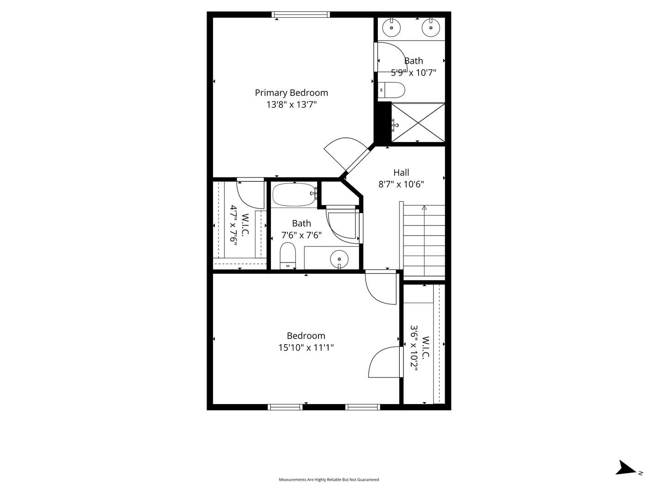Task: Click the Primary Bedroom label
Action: pos(292,93)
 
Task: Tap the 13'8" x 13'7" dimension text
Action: pos(292,105)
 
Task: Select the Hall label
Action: pos(401,173)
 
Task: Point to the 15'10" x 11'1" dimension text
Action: pos(306,347)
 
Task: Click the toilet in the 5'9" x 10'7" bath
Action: pos(391,90)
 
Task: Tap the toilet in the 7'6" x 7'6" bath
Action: pos(287,256)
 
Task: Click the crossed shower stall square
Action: pos(418,122)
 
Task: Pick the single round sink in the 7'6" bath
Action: pos(340,259)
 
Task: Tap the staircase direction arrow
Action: pos(424,241)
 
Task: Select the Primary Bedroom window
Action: pos(301,15)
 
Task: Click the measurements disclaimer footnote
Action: pos(329,479)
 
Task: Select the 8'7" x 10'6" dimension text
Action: pos(401,184)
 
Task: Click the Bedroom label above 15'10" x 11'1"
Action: pos(306,336)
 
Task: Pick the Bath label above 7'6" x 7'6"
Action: pos(301,223)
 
